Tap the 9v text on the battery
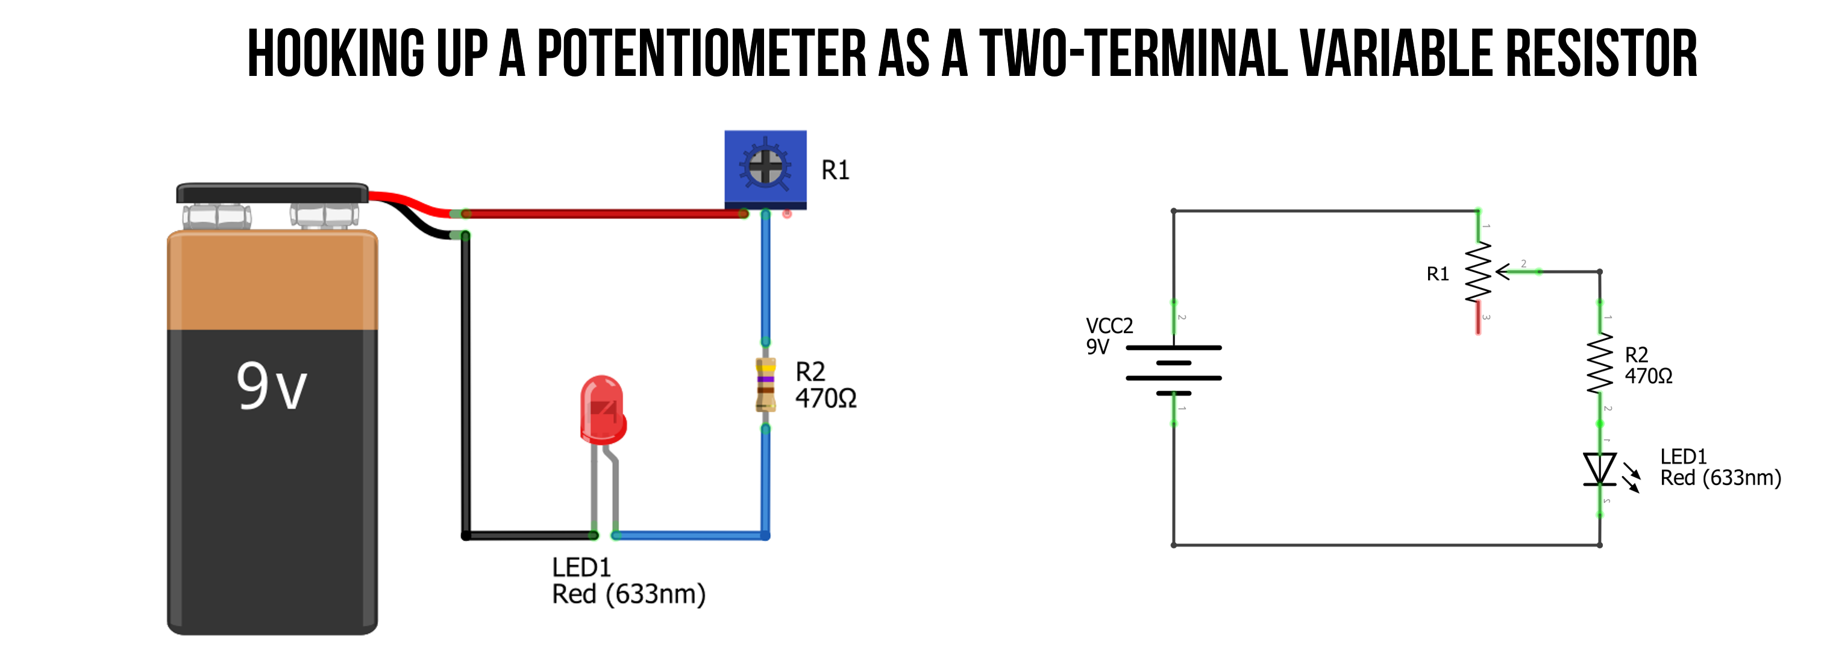(271, 386)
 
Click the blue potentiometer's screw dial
(765, 166)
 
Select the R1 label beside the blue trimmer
(835, 171)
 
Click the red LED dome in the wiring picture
(602, 409)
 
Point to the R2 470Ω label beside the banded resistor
(826, 385)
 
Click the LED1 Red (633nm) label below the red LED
(628, 581)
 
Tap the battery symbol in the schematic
(1173, 370)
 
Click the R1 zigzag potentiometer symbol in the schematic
(1478, 271)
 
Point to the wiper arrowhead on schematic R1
(1502, 272)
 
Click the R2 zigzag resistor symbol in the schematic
(1600, 363)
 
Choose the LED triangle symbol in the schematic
(1600, 469)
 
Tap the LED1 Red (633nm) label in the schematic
(1720, 467)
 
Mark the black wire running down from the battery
(465, 384)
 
